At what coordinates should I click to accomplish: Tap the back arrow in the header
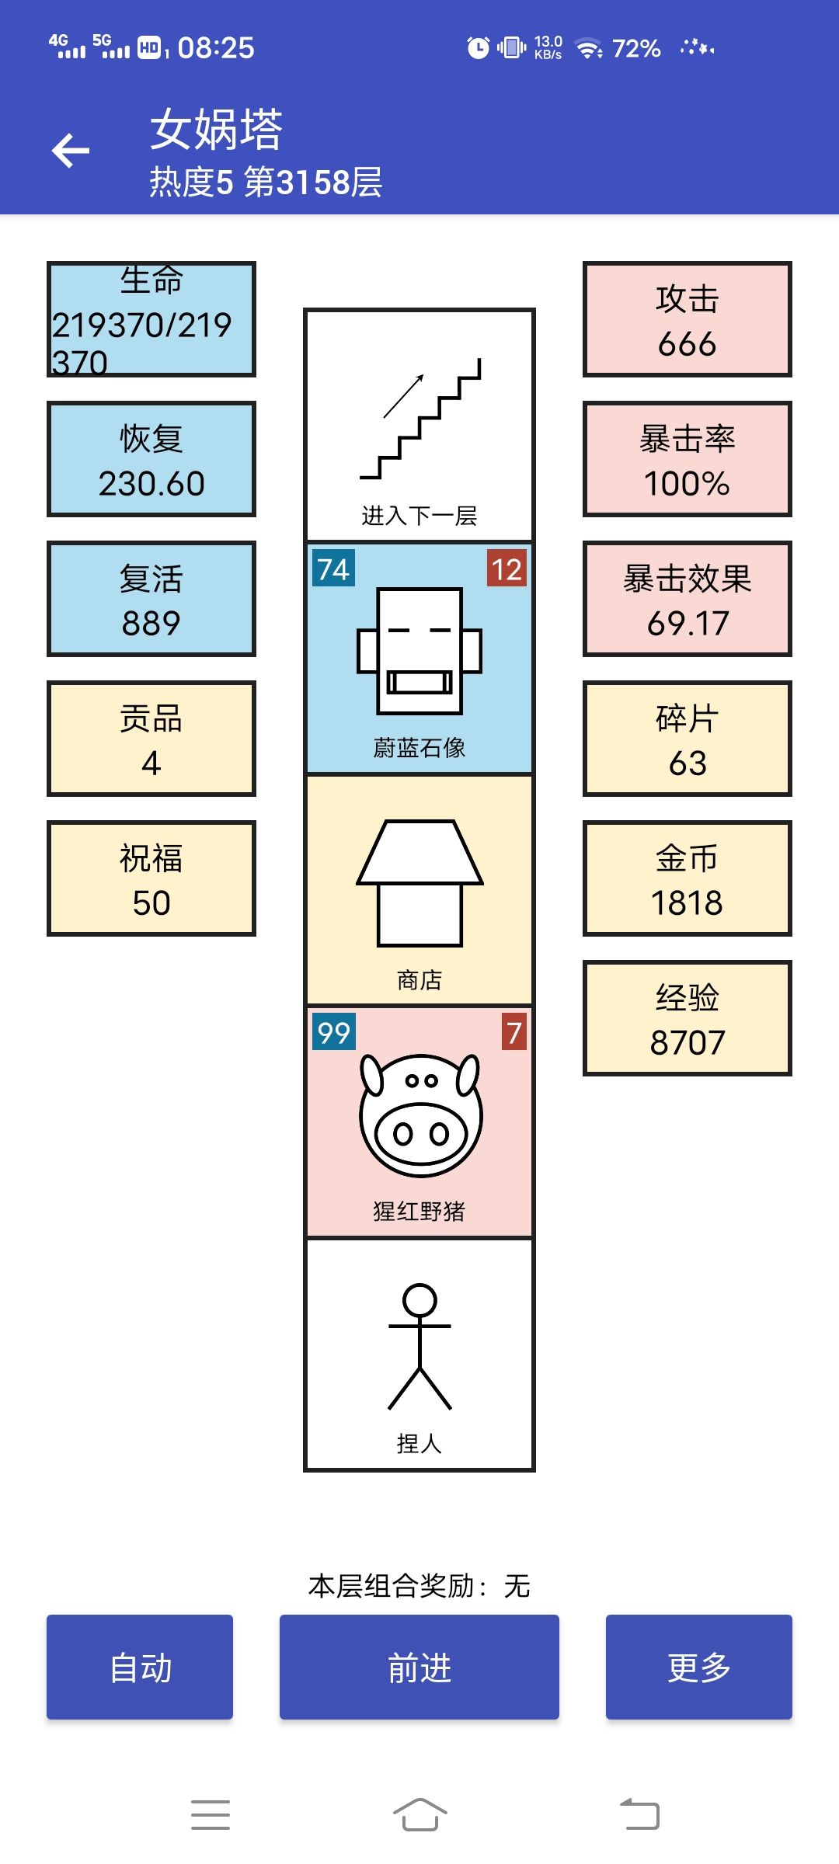click(x=71, y=151)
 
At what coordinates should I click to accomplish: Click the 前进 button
click(x=419, y=1667)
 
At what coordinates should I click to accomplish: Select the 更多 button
click(x=699, y=1667)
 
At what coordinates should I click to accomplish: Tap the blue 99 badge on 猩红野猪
click(x=334, y=1031)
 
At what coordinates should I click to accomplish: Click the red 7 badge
click(x=513, y=1031)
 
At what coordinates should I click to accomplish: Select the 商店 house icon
click(x=420, y=883)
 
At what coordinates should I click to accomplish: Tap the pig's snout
click(x=421, y=1134)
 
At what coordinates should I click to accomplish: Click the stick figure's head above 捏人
click(x=420, y=1300)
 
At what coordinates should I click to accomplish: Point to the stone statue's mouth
click(x=419, y=682)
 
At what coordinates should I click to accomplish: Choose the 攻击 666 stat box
click(x=688, y=319)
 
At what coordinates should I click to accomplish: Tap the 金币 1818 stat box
click(x=688, y=878)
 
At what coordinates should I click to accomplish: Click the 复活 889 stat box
click(x=151, y=599)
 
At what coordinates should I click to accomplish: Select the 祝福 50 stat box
click(x=151, y=878)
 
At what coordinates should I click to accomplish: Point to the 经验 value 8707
click(x=688, y=1042)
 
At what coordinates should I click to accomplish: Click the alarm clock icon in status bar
click(x=479, y=47)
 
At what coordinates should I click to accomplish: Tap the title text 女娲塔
click(x=216, y=129)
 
